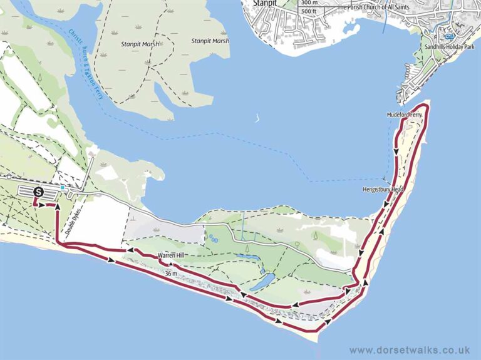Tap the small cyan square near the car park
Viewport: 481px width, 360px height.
tap(63, 187)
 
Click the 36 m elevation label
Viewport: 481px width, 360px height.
tap(171, 274)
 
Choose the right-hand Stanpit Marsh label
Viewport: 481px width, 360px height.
tap(210, 41)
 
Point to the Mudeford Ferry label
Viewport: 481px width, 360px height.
tap(405, 116)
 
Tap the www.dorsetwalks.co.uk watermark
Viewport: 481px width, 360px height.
tap(410, 350)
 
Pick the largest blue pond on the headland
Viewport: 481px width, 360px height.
tap(261, 281)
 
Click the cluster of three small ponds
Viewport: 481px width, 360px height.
tap(214, 239)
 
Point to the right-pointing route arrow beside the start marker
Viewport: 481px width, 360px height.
tap(49, 205)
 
